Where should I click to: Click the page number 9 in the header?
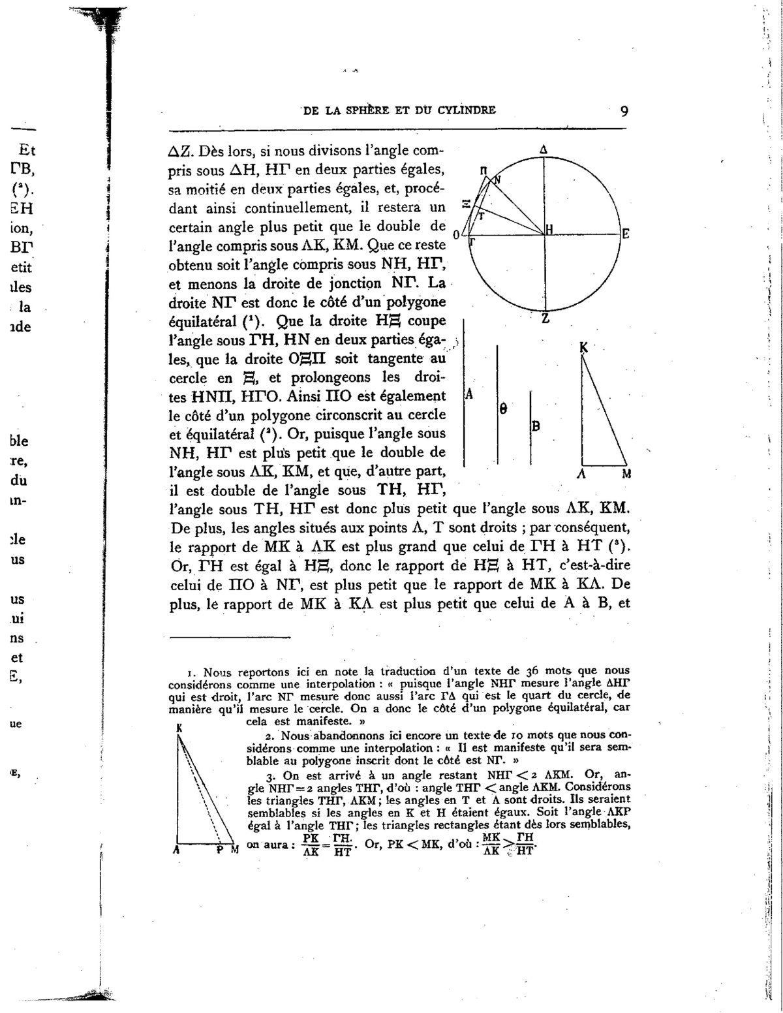(x=624, y=110)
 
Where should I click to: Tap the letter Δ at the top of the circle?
(x=544, y=150)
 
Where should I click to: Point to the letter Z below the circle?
(x=545, y=319)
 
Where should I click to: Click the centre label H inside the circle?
(x=549, y=229)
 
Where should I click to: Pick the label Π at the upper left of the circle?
(x=484, y=170)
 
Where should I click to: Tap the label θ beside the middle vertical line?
(x=503, y=409)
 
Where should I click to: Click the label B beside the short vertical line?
(x=535, y=426)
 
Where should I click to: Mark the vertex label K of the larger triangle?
(x=583, y=349)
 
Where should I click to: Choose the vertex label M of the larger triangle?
(x=626, y=475)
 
